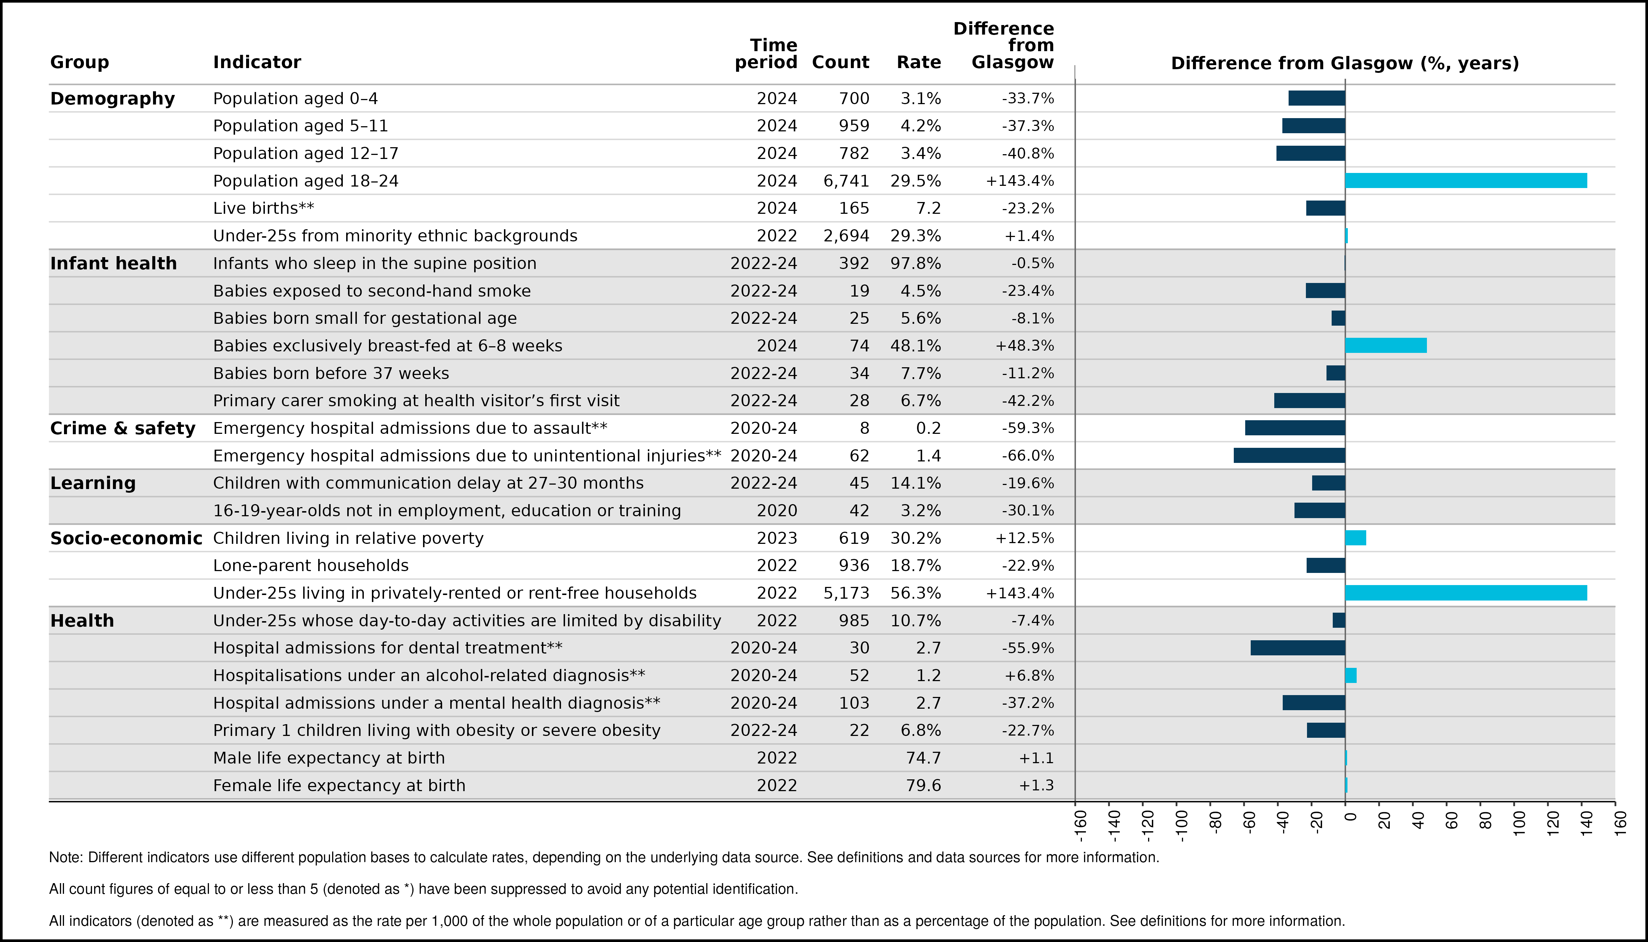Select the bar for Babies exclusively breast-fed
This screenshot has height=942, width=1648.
point(1386,346)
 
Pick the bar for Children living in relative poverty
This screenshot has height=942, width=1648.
point(1356,538)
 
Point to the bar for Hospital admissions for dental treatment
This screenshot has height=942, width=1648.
point(1298,648)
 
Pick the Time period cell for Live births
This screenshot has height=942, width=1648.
point(777,208)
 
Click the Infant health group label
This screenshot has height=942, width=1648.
point(113,263)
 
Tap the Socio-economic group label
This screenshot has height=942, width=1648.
point(126,538)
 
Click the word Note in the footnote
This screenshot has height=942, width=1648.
point(66,857)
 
